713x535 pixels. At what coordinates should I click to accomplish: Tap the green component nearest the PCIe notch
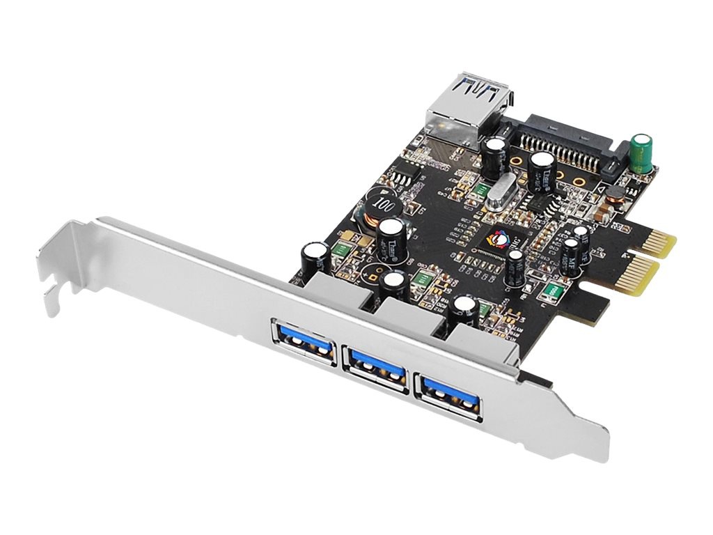(x=553, y=290)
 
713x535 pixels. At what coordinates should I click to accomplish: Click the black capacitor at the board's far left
(x=313, y=256)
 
